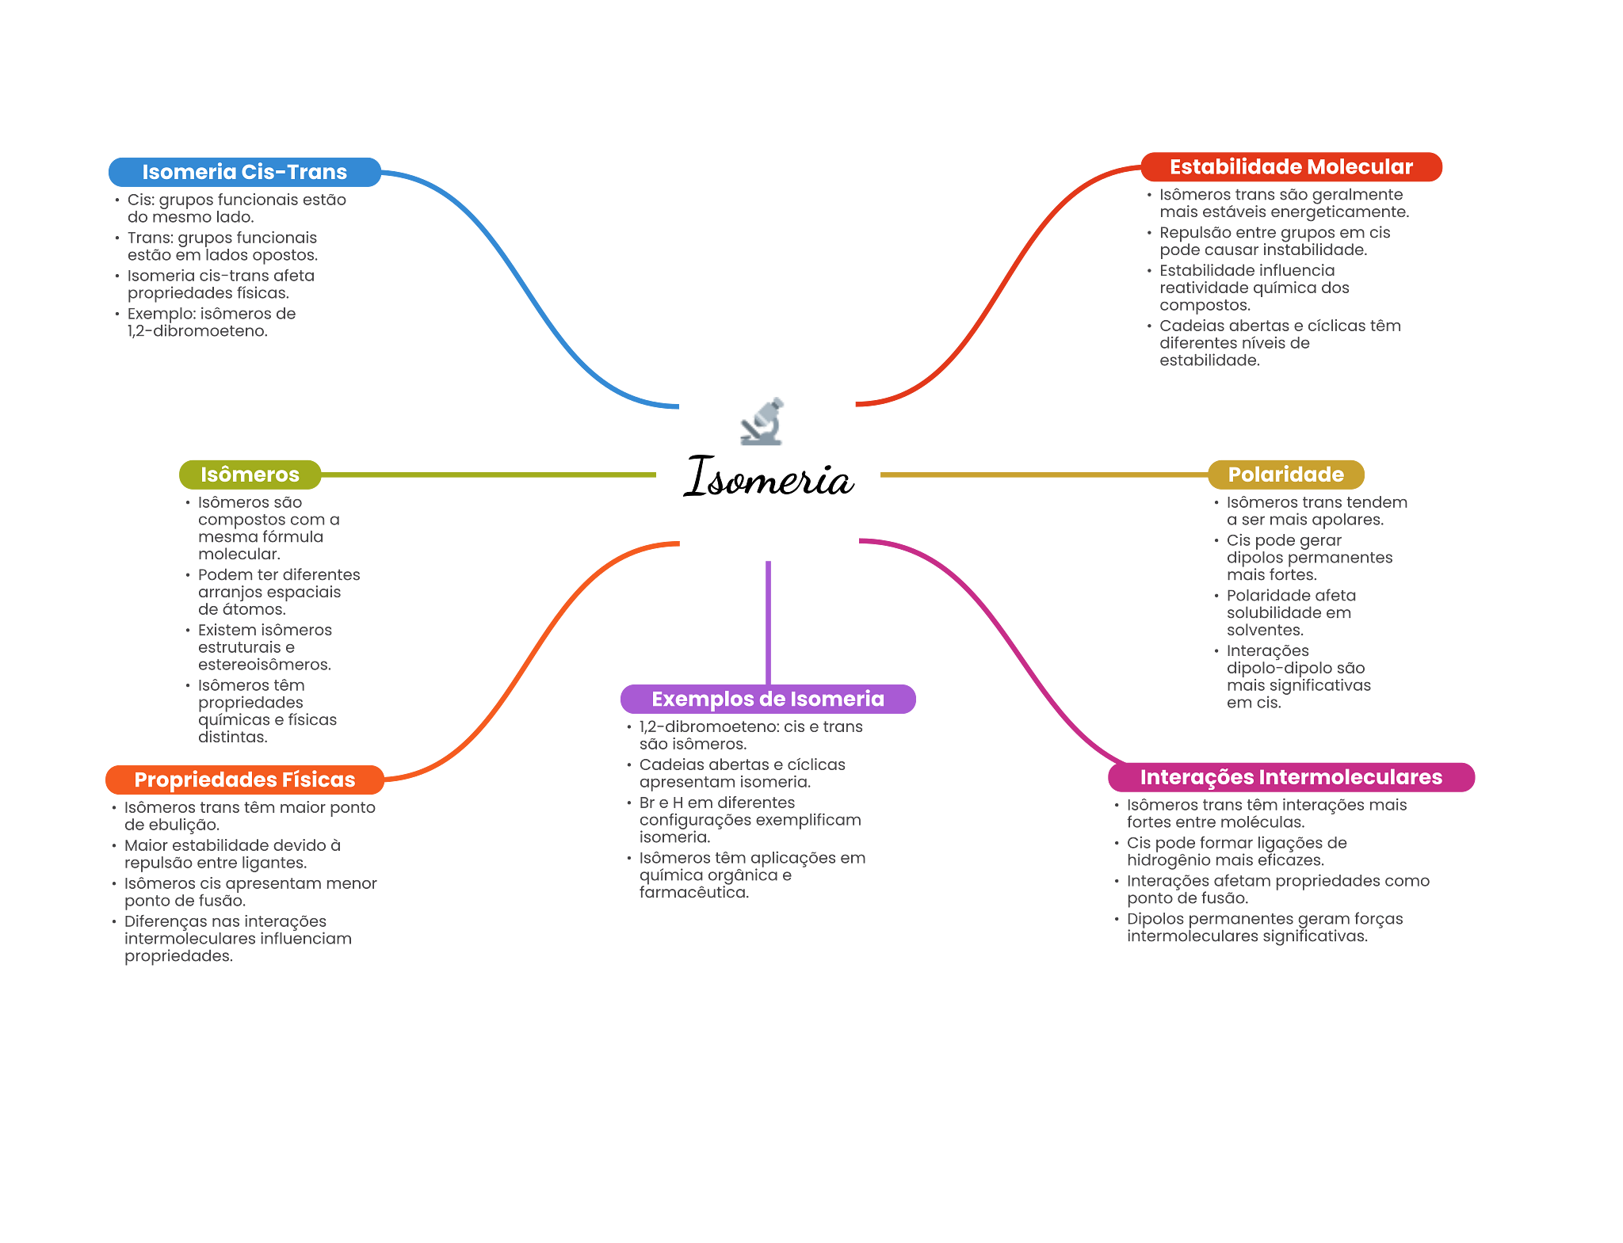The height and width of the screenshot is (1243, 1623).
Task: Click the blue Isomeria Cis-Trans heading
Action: click(244, 172)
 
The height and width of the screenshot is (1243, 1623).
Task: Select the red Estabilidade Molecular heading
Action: click(1291, 167)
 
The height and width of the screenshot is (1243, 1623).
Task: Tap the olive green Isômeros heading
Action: click(250, 475)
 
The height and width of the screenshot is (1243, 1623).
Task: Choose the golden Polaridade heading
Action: click(1285, 475)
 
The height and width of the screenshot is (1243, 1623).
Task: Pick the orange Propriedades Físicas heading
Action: click(245, 780)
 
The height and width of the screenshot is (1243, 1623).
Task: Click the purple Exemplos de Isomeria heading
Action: click(768, 699)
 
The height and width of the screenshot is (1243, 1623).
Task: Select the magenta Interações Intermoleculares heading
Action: click(1291, 777)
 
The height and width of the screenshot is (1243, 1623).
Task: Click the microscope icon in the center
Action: click(762, 421)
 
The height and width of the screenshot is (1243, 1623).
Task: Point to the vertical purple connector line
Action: click(768, 618)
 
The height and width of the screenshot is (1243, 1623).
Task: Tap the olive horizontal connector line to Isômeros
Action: click(491, 475)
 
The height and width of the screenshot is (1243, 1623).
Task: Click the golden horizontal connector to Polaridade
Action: click(1038, 475)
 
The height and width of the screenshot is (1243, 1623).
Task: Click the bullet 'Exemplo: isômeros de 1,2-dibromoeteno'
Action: click(211, 322)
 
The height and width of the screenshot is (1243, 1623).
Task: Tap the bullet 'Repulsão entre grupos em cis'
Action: click(1274, 242)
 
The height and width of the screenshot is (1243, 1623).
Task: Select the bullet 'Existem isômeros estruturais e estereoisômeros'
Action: click(265, 647)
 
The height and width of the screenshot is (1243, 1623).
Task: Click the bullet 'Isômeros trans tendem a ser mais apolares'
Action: click(1316, 511)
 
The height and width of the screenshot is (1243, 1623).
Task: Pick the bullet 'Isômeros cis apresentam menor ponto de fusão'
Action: click(250, 892)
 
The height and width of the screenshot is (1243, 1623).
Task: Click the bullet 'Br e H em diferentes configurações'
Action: click(749, 820)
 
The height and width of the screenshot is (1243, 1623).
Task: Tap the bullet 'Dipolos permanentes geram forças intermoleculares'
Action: click(1264, 928)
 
